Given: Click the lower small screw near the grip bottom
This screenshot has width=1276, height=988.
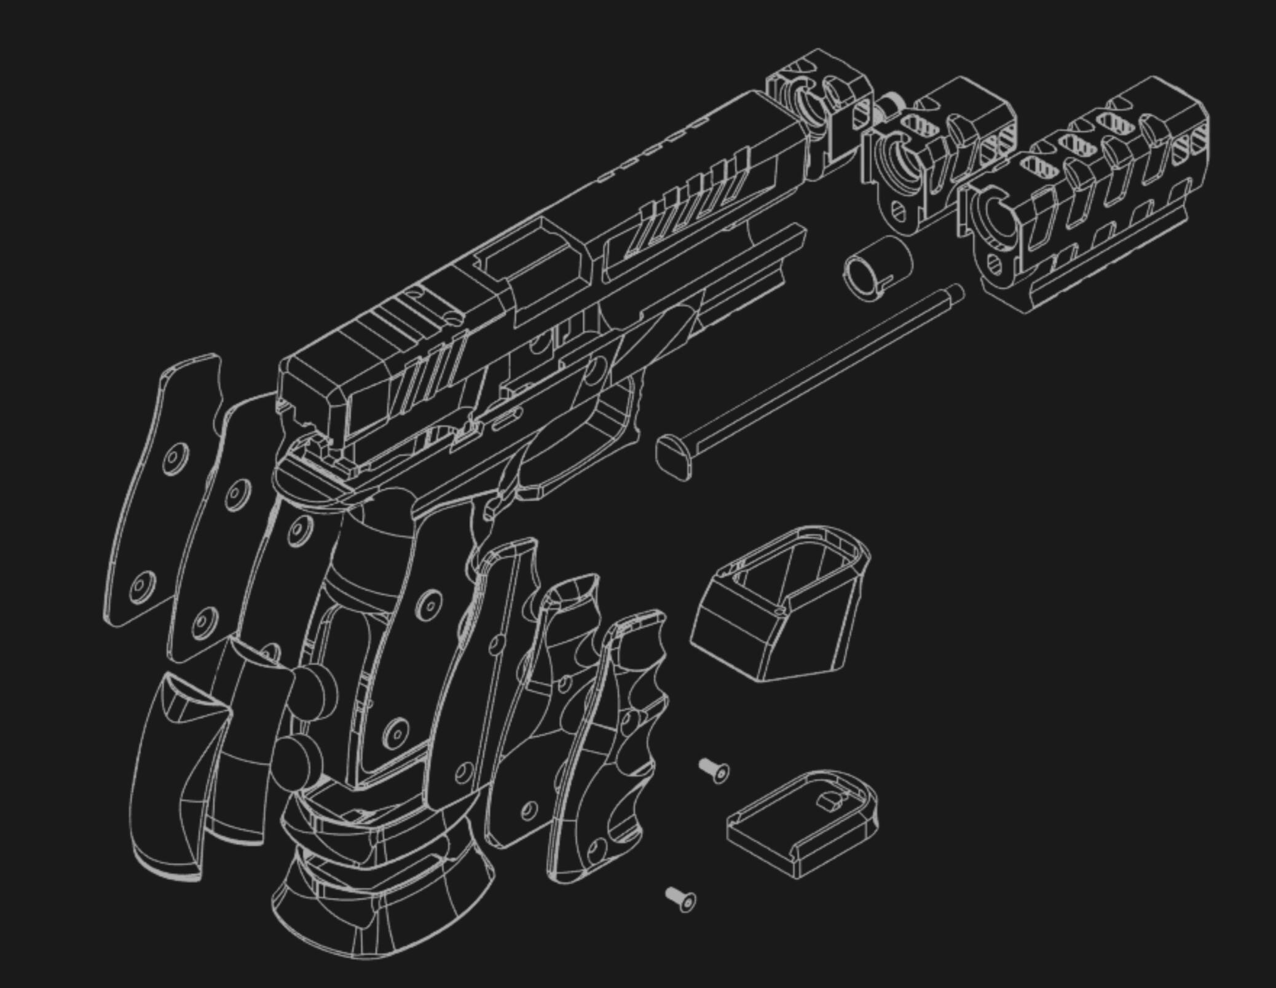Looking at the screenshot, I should (681, 899).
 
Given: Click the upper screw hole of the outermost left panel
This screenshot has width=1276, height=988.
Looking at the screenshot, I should (176, 459).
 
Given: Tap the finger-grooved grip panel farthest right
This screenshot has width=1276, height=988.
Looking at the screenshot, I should (615, 750).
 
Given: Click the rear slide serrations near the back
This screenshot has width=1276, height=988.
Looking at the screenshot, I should (433, 369).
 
